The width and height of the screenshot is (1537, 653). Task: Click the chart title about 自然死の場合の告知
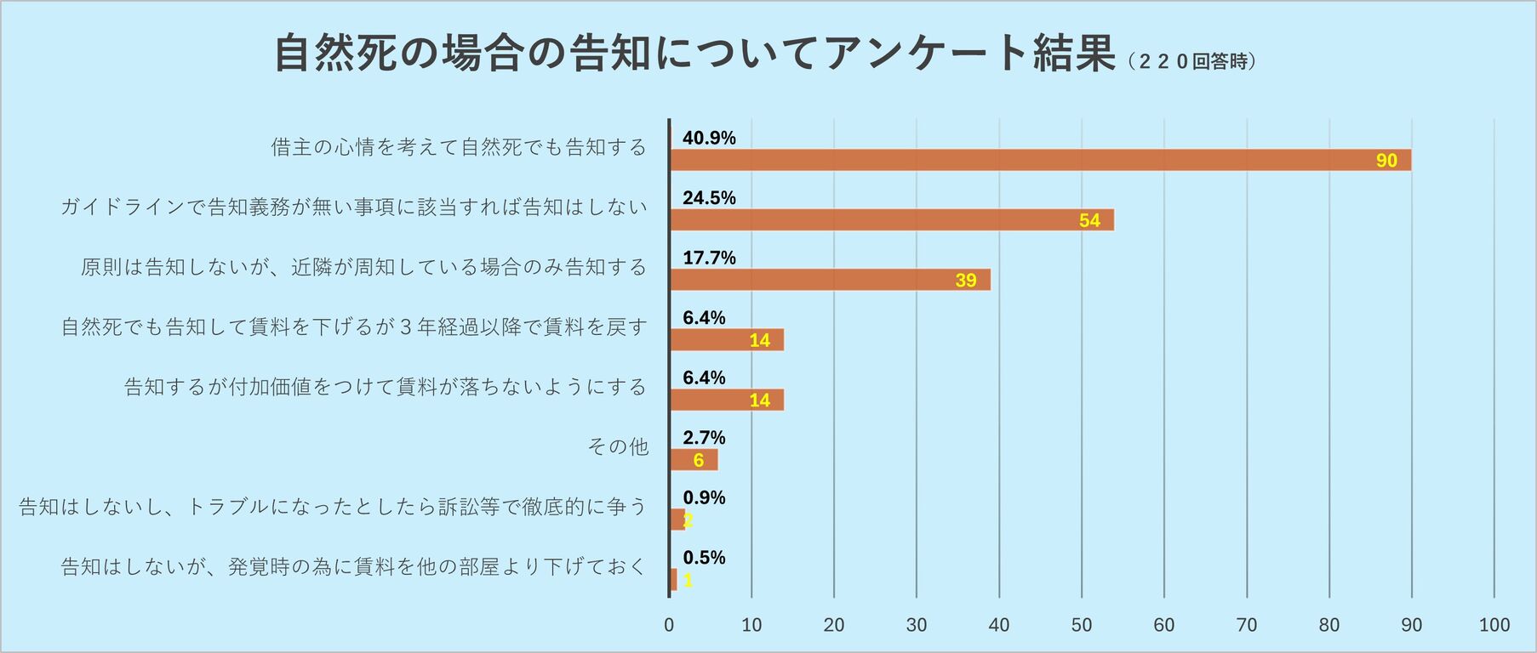694,54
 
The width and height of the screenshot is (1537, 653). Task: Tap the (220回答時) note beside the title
1191,61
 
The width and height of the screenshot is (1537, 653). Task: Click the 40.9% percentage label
709,138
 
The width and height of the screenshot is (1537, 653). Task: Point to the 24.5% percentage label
709,198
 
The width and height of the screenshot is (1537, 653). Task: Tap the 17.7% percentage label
709,258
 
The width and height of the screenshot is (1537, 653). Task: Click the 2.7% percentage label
704,438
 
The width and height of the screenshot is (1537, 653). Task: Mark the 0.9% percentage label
704,497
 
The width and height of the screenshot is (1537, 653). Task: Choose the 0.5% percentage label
704,558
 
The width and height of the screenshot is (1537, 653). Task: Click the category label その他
618,446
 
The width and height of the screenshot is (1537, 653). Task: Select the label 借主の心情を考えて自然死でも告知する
459,147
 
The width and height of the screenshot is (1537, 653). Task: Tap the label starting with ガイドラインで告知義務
354,207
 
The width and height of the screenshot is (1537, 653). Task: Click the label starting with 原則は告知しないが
364,267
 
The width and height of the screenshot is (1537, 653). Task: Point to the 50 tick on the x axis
1081,625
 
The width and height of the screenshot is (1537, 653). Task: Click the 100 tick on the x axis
1494,625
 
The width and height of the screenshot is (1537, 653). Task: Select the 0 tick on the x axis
669,625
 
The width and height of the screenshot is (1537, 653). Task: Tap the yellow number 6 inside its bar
698,460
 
